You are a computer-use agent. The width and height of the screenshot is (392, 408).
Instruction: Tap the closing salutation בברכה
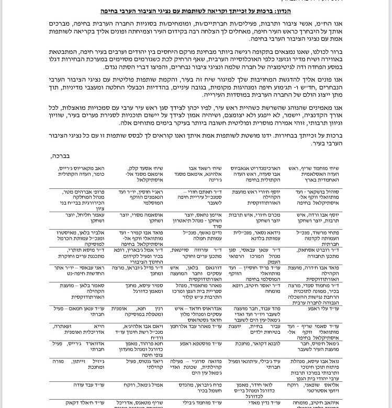point(60,156)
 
